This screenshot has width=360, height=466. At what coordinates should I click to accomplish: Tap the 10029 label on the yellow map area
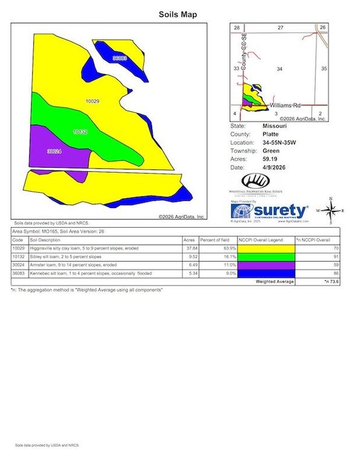92,102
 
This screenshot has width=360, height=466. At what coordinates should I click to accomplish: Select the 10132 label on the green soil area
80,131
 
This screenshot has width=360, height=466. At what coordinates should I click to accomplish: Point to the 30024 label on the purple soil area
54,152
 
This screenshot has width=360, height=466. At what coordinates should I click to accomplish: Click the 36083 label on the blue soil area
120,58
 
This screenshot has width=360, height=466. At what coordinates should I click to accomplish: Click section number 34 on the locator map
279,70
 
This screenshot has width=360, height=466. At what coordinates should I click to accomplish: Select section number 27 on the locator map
280,28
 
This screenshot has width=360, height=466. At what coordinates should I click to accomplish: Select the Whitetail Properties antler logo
254,181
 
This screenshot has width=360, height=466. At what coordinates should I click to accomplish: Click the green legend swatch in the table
265,256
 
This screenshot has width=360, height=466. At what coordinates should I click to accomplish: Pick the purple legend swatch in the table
265,265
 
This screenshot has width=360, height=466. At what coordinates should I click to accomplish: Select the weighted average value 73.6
330,281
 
